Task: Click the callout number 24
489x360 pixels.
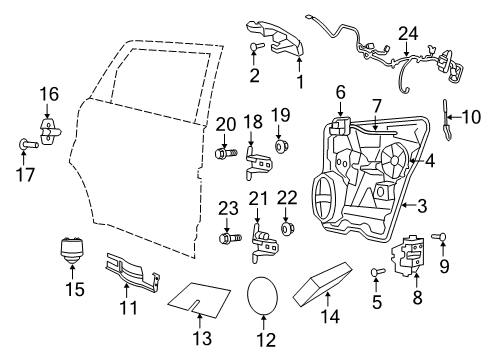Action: point(408,34)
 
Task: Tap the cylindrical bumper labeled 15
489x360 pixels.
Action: point(73,251)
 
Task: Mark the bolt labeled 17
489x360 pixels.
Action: point(25,146)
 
